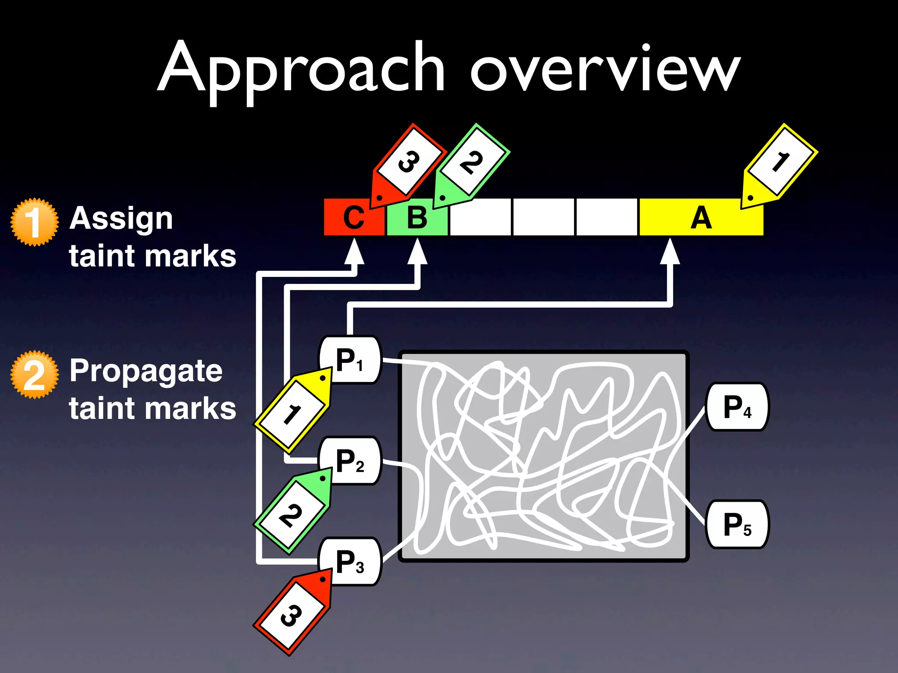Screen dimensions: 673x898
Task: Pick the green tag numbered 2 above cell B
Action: (471, 163)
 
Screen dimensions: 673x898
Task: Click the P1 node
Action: (350, 360)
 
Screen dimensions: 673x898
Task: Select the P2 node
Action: (350, 460)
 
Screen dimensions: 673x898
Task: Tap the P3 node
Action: (350, 561)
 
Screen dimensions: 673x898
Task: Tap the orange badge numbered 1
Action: (34, 222)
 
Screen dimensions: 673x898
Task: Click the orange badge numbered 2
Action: (34, 375)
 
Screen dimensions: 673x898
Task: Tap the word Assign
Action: (121, 219)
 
